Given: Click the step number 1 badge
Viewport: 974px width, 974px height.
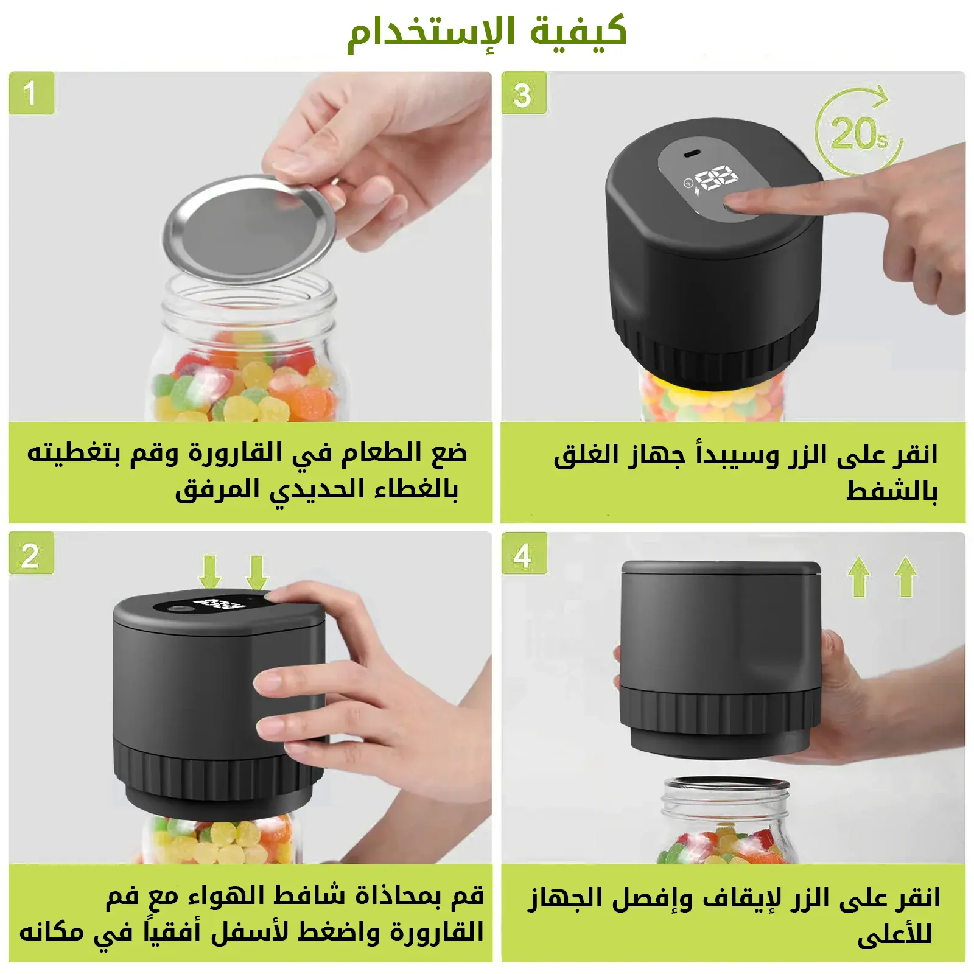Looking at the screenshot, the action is (32, 93).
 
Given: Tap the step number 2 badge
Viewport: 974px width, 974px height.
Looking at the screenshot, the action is (32, 553).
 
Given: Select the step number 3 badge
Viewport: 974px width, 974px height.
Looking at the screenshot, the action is (524, 93).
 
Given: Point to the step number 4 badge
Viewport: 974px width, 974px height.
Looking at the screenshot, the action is (524, 553).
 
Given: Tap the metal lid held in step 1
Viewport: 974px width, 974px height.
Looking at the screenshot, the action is (250, 229).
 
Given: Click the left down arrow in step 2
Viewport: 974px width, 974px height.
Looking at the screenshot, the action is (210, 571).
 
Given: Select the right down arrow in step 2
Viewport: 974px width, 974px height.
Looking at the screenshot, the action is (257, 571).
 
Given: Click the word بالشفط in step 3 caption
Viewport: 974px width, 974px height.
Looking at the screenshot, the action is (892, 491).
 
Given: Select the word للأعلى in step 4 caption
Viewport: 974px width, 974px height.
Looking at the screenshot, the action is (895, 935).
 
